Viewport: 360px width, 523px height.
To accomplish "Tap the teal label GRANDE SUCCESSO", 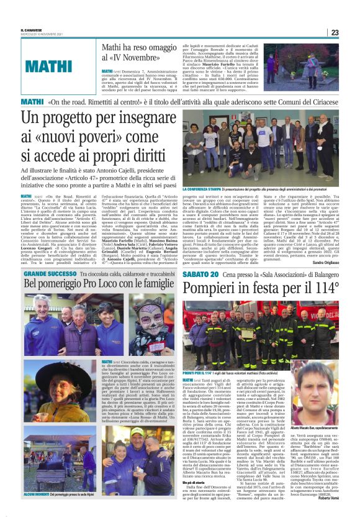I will (50, 274).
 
